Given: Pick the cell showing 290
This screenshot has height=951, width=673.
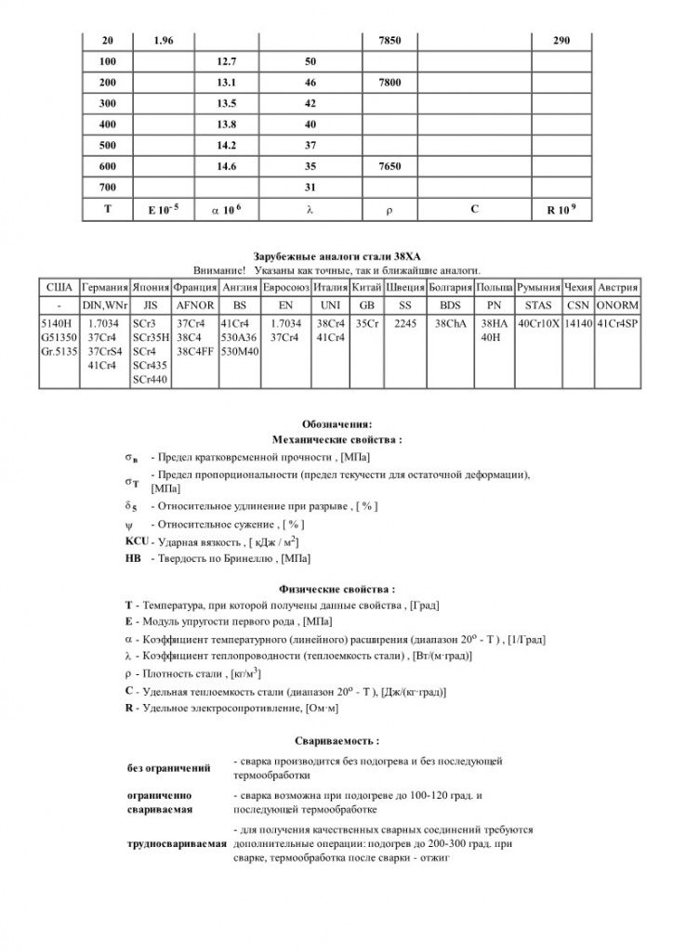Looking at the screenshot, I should (x=561, y=41).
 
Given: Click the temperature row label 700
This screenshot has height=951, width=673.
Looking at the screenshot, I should (x=107, y=188).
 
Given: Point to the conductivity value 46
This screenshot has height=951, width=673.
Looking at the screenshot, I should (x=310, y=83).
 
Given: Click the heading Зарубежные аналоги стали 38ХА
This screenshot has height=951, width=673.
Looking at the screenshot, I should (x=336, y=254).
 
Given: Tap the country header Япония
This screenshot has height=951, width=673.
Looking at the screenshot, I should (x=151, y=288).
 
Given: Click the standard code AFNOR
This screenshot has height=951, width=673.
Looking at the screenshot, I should (x=195, y=305).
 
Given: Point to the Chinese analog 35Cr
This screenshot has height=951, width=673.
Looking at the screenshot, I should (x=367, y=323).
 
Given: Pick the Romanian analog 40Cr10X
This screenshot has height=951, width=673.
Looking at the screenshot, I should (x=538, y=323).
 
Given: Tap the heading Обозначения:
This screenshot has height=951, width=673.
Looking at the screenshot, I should (x=336, y=423).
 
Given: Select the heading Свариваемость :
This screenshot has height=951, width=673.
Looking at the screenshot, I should (x=336, y=741).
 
